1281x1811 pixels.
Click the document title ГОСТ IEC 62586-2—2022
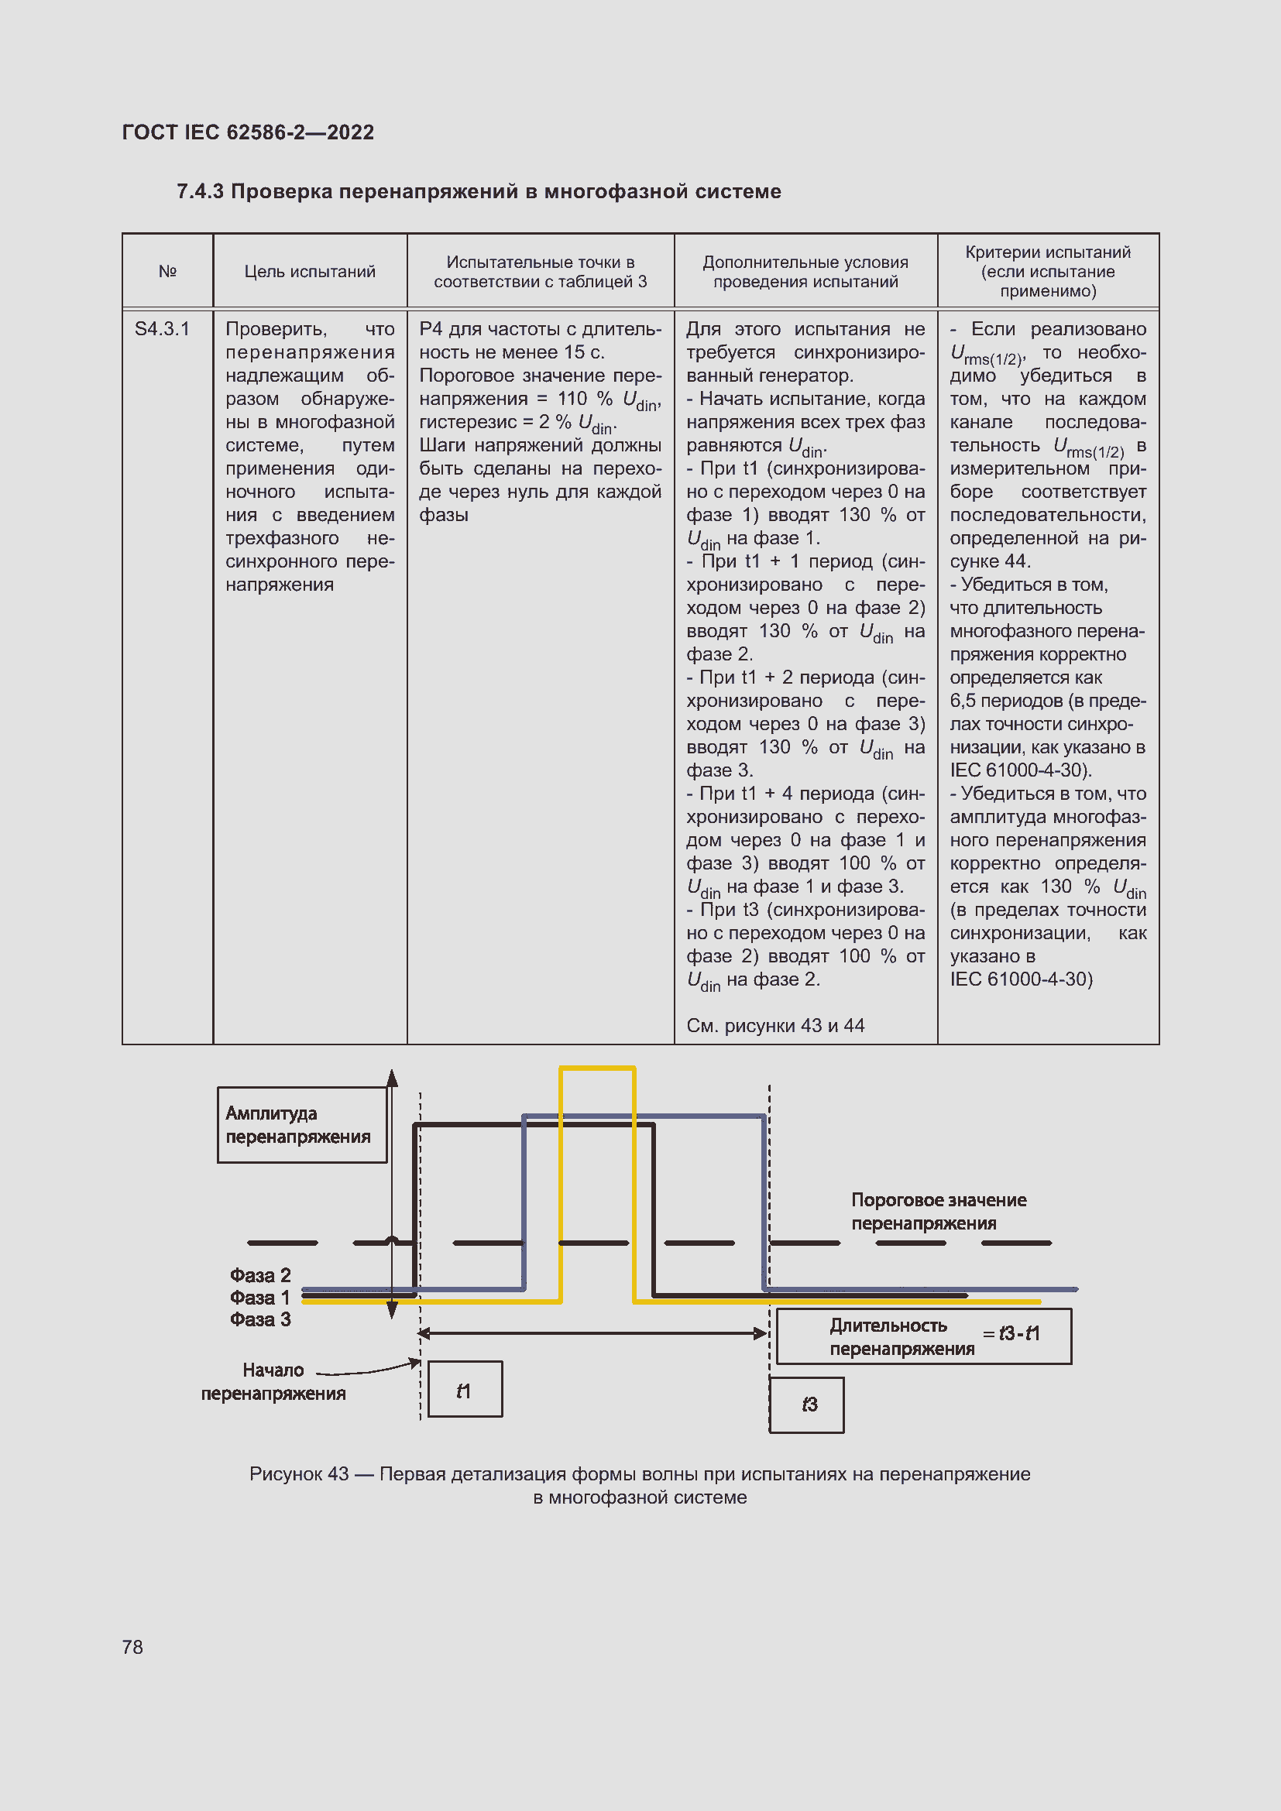(x=248, y=132)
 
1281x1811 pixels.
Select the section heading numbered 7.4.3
(x=478, y=191)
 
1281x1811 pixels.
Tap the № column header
(x=167, y=271)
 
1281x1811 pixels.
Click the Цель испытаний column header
(x=309, y=271)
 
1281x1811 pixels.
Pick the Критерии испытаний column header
(x=1048, y=271)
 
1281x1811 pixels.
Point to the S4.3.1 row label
(x=163, y=329)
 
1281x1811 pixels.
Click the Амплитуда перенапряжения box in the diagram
(x=301, y=1124)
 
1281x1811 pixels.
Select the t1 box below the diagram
(x=464, y=1391)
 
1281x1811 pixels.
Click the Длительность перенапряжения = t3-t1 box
(x=923, y=1336)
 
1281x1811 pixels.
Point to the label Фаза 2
(x=260, y=1275)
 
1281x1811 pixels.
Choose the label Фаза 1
(x=260, y=1298)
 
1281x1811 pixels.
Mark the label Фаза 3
(x=260, y=1319)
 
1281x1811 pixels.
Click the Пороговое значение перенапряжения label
(x=938, y=1212)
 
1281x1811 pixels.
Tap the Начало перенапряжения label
(x=273, y=1382)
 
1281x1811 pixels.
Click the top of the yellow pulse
(x=597, y=1068)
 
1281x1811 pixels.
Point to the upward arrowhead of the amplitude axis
(x=392, y=1078)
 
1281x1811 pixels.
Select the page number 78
(x=132, y=1647)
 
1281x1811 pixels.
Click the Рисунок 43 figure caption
(x=640, y=1485)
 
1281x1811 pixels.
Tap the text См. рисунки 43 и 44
(x=774, y=1025)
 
